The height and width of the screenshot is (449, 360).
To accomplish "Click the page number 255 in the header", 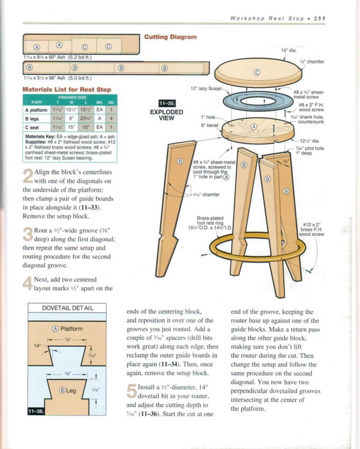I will [320, 18].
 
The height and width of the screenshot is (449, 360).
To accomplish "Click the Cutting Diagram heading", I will [170, 37].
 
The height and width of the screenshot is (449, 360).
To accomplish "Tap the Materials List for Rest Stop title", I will [67, 89].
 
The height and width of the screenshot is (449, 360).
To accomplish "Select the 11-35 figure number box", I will [167, 103].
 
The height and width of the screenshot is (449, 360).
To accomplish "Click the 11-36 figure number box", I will [35, 411].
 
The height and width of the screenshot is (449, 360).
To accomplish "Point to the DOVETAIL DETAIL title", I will [68, 308].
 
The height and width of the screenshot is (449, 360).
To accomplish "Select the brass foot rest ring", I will [257, 248].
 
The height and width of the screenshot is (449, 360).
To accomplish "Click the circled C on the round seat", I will [257, 72].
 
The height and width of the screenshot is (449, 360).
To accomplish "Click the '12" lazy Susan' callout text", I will [206, 89].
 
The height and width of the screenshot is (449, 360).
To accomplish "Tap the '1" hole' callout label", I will [208, 117].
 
